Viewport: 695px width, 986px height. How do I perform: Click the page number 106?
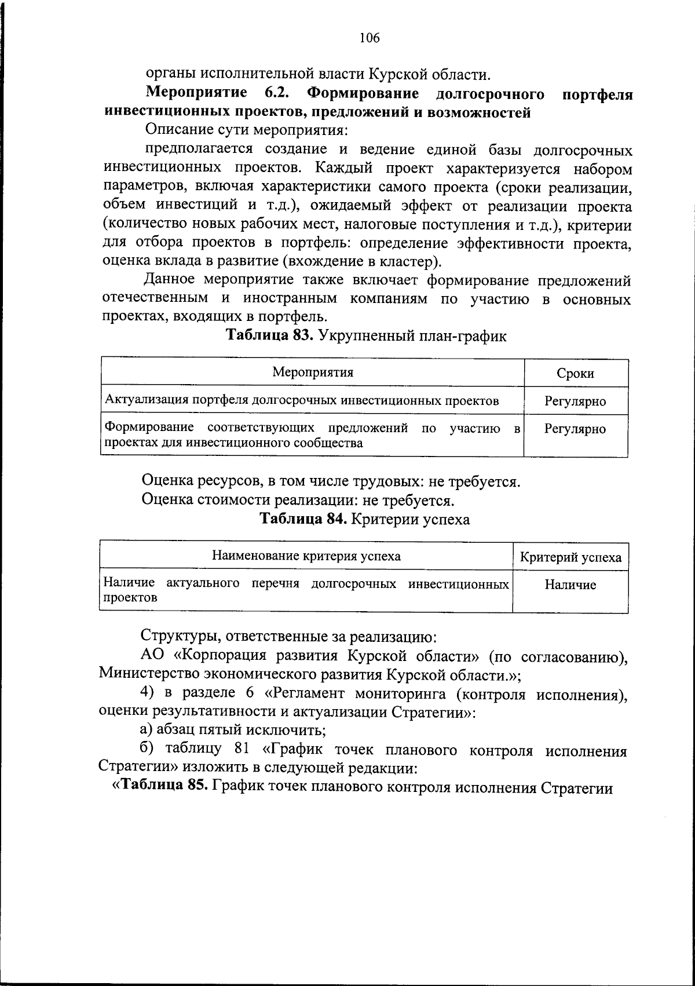tap(369, 38)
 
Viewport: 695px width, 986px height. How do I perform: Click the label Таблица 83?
tap(269, 335)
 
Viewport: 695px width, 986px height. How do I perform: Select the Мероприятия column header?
tap(313, 373)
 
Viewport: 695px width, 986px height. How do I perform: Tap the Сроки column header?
tap(575, 374)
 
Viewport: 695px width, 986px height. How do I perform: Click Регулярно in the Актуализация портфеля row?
tap(575, 401)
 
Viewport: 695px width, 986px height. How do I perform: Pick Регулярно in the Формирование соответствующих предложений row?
tap(575, 429)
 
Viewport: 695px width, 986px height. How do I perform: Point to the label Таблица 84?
tap(303, 518)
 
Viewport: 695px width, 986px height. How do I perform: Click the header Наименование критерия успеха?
tap(306, 557)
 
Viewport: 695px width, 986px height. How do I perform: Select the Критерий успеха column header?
tap(570, 558)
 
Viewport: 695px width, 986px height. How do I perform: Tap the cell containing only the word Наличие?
tap(570, 585)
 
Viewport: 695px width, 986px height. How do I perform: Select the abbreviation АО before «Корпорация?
tap(153, 656)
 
